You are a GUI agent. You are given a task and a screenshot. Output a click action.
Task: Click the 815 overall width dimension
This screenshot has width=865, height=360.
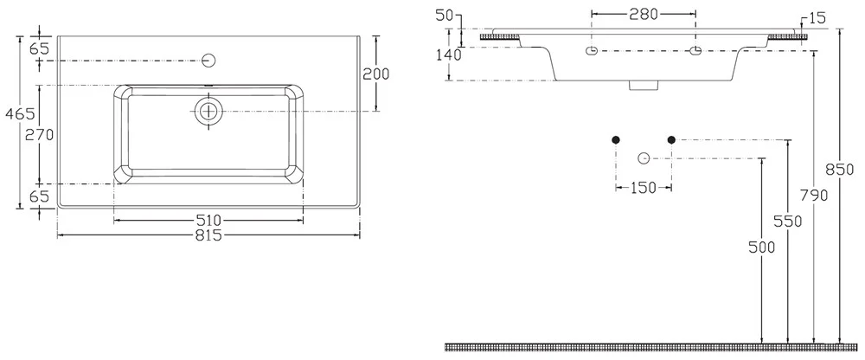(x=208, y=235)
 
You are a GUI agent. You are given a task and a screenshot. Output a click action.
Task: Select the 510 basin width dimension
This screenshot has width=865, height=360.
(x=208, y=221)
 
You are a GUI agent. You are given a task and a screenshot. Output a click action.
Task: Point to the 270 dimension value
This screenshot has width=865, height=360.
(x=39, y=134)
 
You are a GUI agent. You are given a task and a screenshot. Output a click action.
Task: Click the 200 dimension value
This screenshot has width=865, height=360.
(x=375, y=74)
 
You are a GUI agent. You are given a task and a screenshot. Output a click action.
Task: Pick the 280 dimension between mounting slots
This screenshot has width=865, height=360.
(x=644, y=15)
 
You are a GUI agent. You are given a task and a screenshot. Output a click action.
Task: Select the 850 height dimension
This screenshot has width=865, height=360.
(x=839, y=170)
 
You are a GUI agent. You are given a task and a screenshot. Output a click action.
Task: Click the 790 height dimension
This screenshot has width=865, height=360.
(x=814, y=196)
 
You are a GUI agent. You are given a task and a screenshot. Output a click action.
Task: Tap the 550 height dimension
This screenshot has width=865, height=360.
(x=787, y=222)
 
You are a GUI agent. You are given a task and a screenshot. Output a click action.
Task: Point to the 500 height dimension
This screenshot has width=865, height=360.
(x=762, y=247)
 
